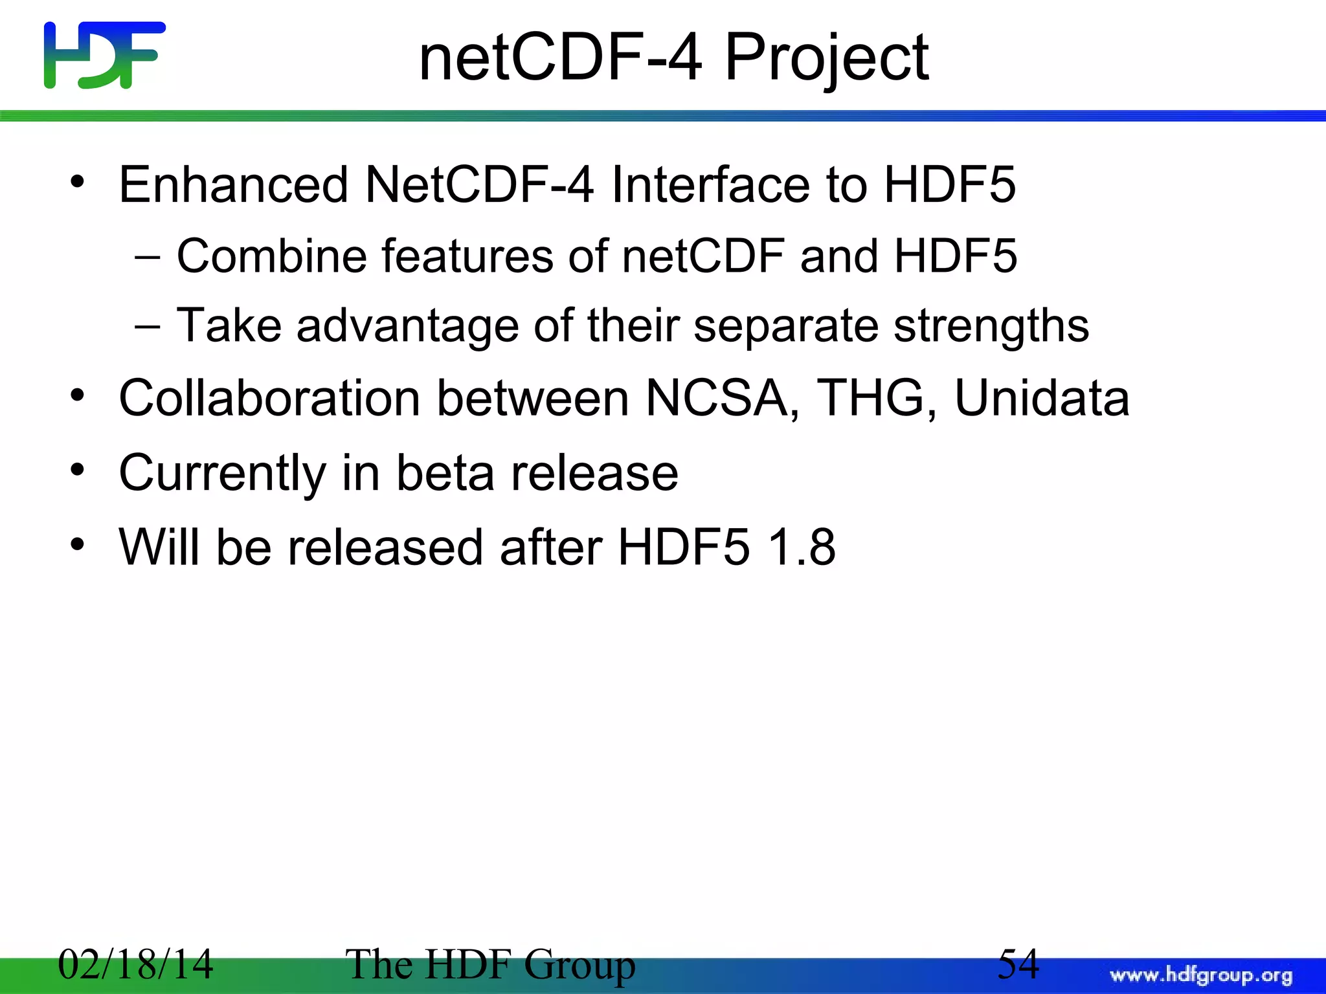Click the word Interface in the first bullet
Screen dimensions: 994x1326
[710, 185]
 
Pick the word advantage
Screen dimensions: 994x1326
[407, 326]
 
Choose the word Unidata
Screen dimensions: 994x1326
[1042, 398]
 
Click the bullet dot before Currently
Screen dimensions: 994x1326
[78, 469]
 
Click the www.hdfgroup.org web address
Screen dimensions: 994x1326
[1201, 975]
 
